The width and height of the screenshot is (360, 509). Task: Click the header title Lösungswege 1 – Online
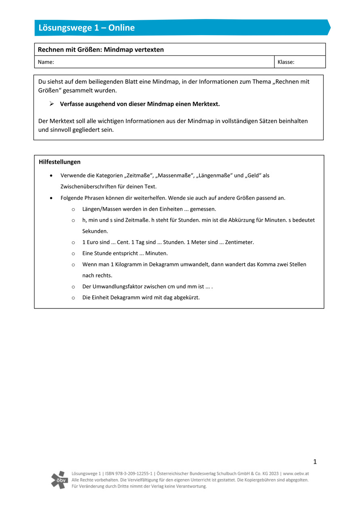point(87,28)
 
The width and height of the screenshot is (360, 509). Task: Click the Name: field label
point(46,62)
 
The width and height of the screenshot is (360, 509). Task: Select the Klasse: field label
point(286,62)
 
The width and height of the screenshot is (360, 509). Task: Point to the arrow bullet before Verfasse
point(52,104)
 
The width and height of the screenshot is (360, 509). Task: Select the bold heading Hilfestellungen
point(59,162)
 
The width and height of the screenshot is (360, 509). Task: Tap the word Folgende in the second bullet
point(72,198)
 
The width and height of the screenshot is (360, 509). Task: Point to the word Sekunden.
point(95,231)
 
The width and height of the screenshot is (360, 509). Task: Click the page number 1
point(315,462)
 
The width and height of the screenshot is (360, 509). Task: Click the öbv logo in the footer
point(59,479)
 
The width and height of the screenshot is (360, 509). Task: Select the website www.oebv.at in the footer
point(296,473)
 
